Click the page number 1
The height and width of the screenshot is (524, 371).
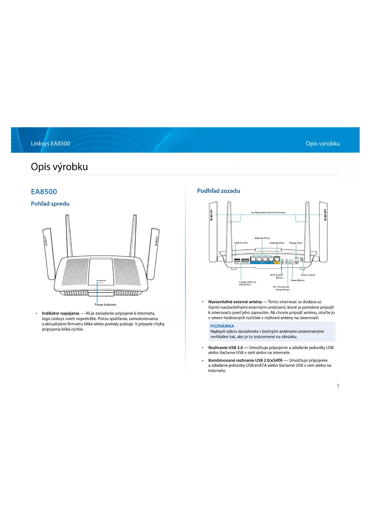pyautogui.click(x=338, y=386)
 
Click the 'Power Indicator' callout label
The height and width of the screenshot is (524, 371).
pyautogui.click(x=106, y=305)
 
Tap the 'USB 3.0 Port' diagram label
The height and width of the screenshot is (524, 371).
pyautogui.click(x=241, y=243)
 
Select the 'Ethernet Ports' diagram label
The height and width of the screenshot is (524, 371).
pyautogui.click(x=262, y=238)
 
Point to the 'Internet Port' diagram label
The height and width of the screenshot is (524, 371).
pyautogui.click(x=277, y=243)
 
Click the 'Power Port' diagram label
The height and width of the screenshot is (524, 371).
pyautogui.click(x=296, y=243)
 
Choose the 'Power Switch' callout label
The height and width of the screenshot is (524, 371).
pyautogui.click(x=308, y=275)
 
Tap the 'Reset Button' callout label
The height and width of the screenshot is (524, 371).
pyautogui.click(x=298, y=280)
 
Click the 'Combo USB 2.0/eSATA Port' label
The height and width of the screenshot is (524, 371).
pyautogui.click(x=248, y=283)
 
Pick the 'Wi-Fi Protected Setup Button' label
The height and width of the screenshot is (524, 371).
pyautogui.click(x=281, y=288)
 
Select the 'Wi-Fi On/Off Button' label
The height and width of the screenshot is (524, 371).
pyautogui.click(x=277, y=276)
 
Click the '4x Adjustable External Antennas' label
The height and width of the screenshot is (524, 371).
pyautogui.click(x=268, y=212)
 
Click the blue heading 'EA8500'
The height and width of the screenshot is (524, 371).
pyautogui.click(x=44, y=192)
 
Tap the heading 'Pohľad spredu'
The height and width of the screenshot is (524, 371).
pyautogui.click(x=50, y=204)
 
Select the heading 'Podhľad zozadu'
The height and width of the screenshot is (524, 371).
pyautogui.click(x=219, y=191)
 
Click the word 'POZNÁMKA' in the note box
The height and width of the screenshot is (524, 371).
pyautogui.click(x=222, y=326)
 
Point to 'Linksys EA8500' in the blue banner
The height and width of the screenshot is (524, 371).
pyautogui.click(x=51, y=143)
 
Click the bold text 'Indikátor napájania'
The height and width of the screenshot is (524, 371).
pyautogui.click(x=60, y=313)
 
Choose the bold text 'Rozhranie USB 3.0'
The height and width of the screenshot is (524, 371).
pyautogui.click(x=225, y=347)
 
